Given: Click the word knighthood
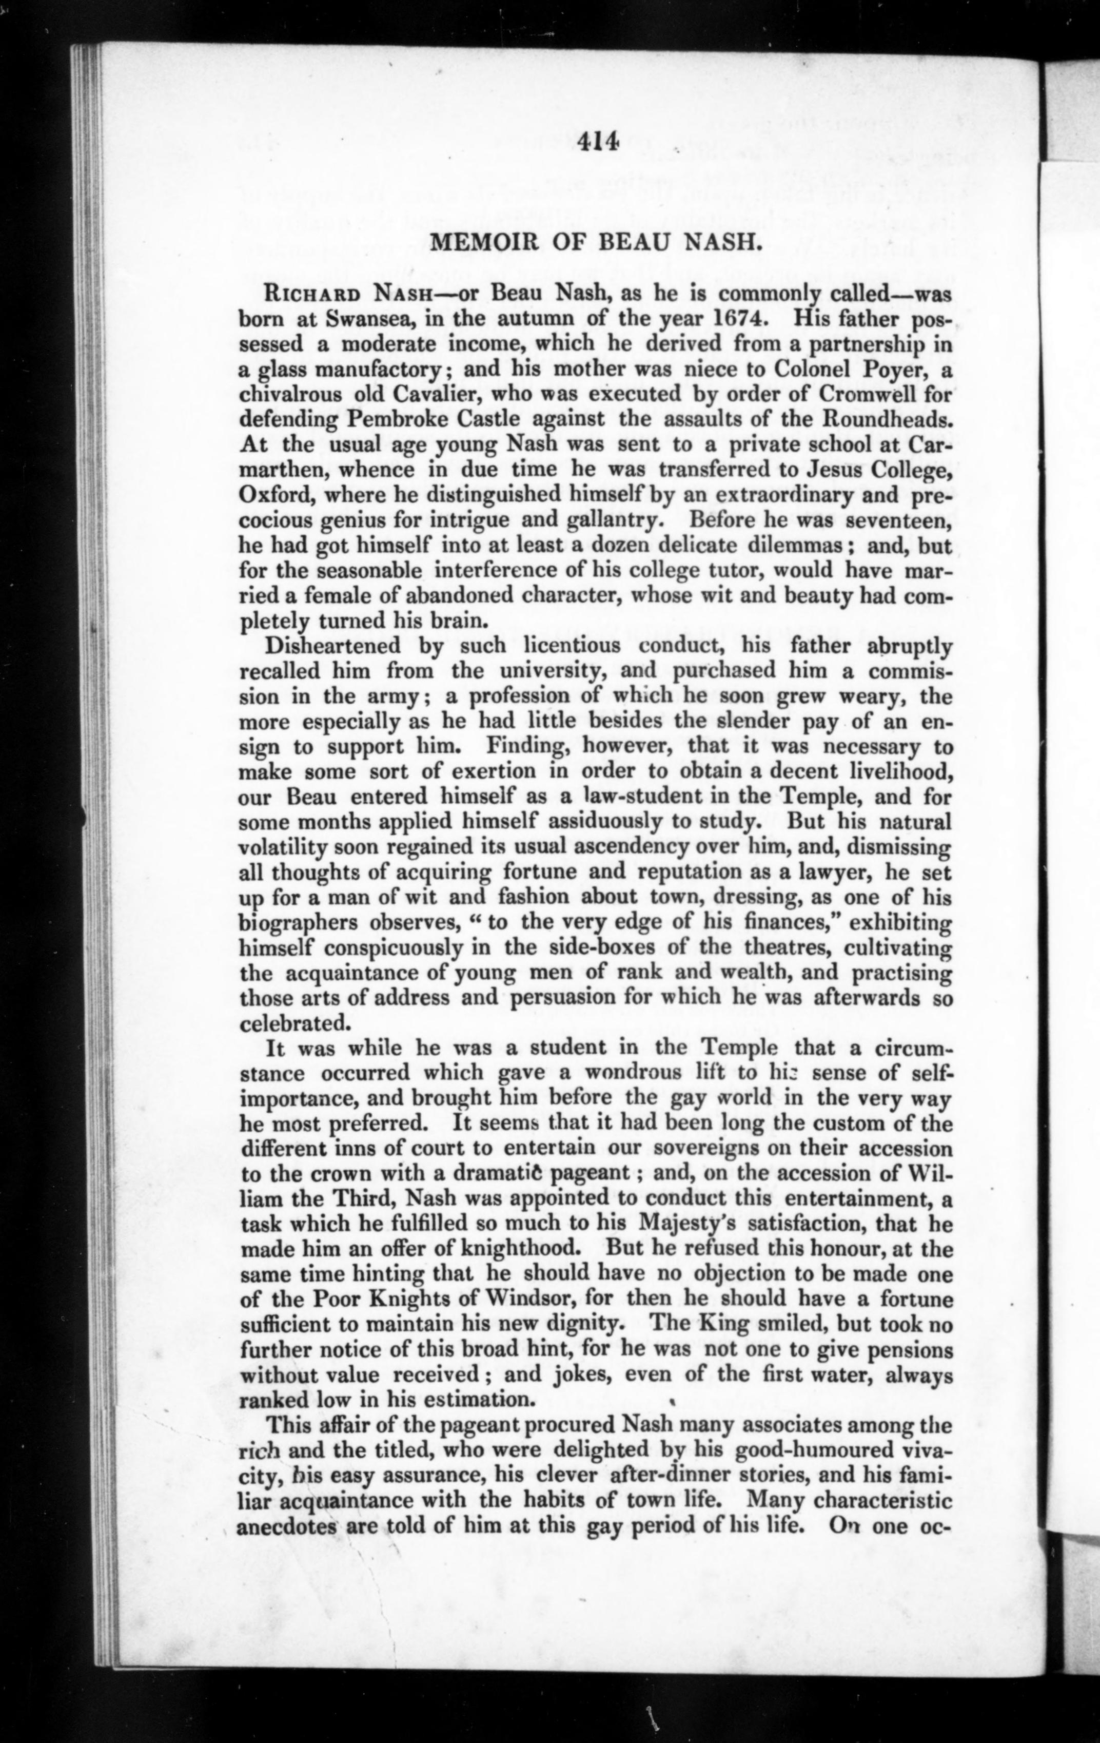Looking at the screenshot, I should (x=523, y=1249).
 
